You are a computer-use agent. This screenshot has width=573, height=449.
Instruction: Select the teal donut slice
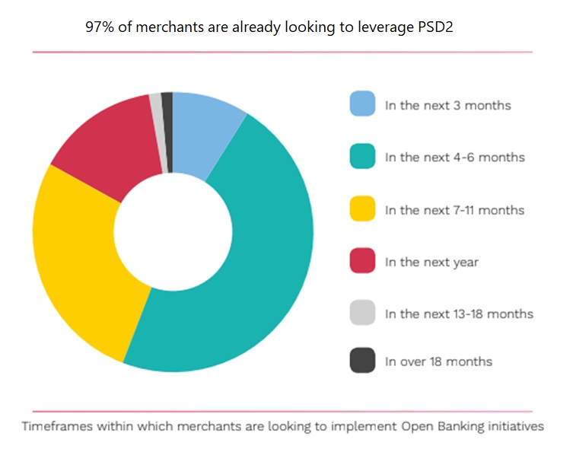click(x=251, y=282)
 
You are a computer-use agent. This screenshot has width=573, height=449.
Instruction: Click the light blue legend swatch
click(x=362, y=104)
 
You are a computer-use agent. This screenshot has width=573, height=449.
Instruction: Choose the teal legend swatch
click(x=362, y=158)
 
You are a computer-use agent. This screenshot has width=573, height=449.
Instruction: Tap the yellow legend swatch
click(x=362, y=209)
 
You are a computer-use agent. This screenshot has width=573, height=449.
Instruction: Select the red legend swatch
click(x=362, y=262)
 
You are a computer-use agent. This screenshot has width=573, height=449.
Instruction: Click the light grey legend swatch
click(x=362, y=314)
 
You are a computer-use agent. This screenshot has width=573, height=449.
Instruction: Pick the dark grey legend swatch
click(x=362, y=361)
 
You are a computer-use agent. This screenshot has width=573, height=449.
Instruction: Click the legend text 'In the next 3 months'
click(x=447, y=105)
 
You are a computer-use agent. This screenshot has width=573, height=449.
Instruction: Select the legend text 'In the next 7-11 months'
click(x=454, y=210)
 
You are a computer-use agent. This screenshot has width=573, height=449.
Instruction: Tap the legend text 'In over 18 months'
click(x=438, y=361)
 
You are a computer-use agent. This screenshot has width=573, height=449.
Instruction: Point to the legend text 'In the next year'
click(x=431, y=262)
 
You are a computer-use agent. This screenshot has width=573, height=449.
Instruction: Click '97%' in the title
click(x=99, y=26)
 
